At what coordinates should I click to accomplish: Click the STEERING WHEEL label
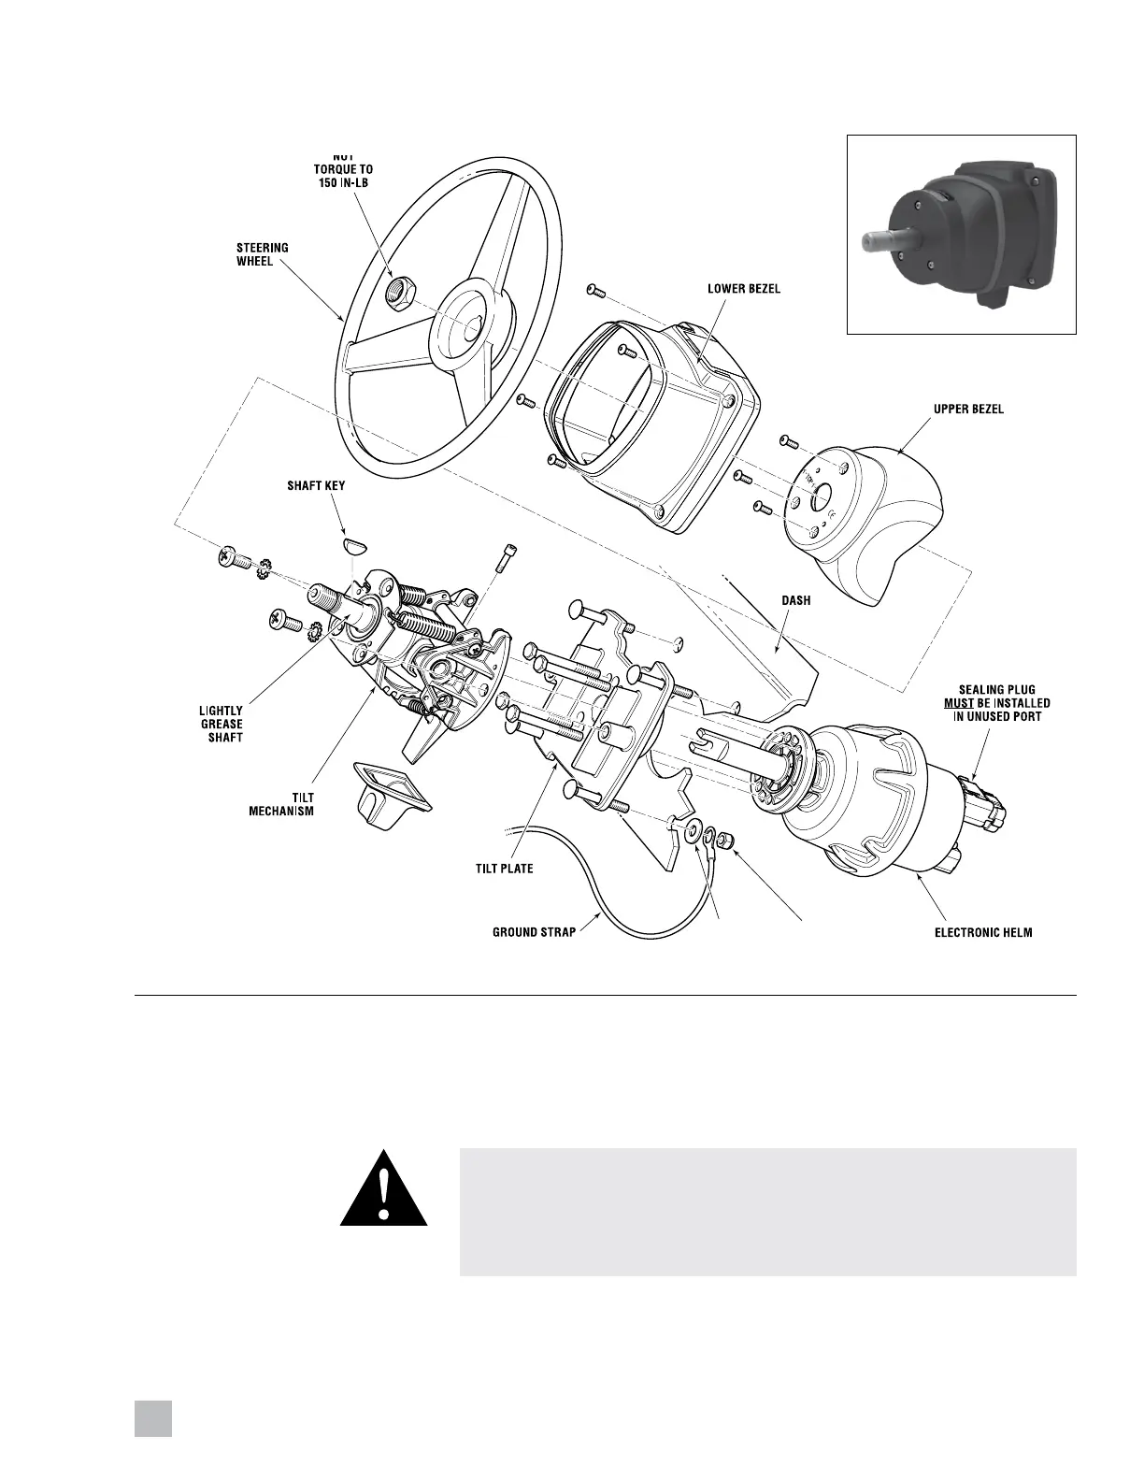click(x=262, y=254)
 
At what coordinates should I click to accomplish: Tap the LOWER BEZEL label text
click(x=743, y=289)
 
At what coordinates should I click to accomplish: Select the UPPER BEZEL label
click(x=968, y=410)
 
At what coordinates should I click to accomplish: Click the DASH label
click(x=797, y=601)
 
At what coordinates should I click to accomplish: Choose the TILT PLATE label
click(x=505, y=869)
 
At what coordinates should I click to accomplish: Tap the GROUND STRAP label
click(x=534, y=932)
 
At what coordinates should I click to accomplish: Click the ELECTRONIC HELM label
click(x=983, y=932)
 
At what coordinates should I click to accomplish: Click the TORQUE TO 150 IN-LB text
click(x=342, y=175)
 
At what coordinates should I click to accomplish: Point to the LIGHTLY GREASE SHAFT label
click(x=222, y=725)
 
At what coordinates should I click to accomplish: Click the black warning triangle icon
click(x=383, y=1190)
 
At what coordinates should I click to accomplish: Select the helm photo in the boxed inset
click(x=961, y=234)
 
